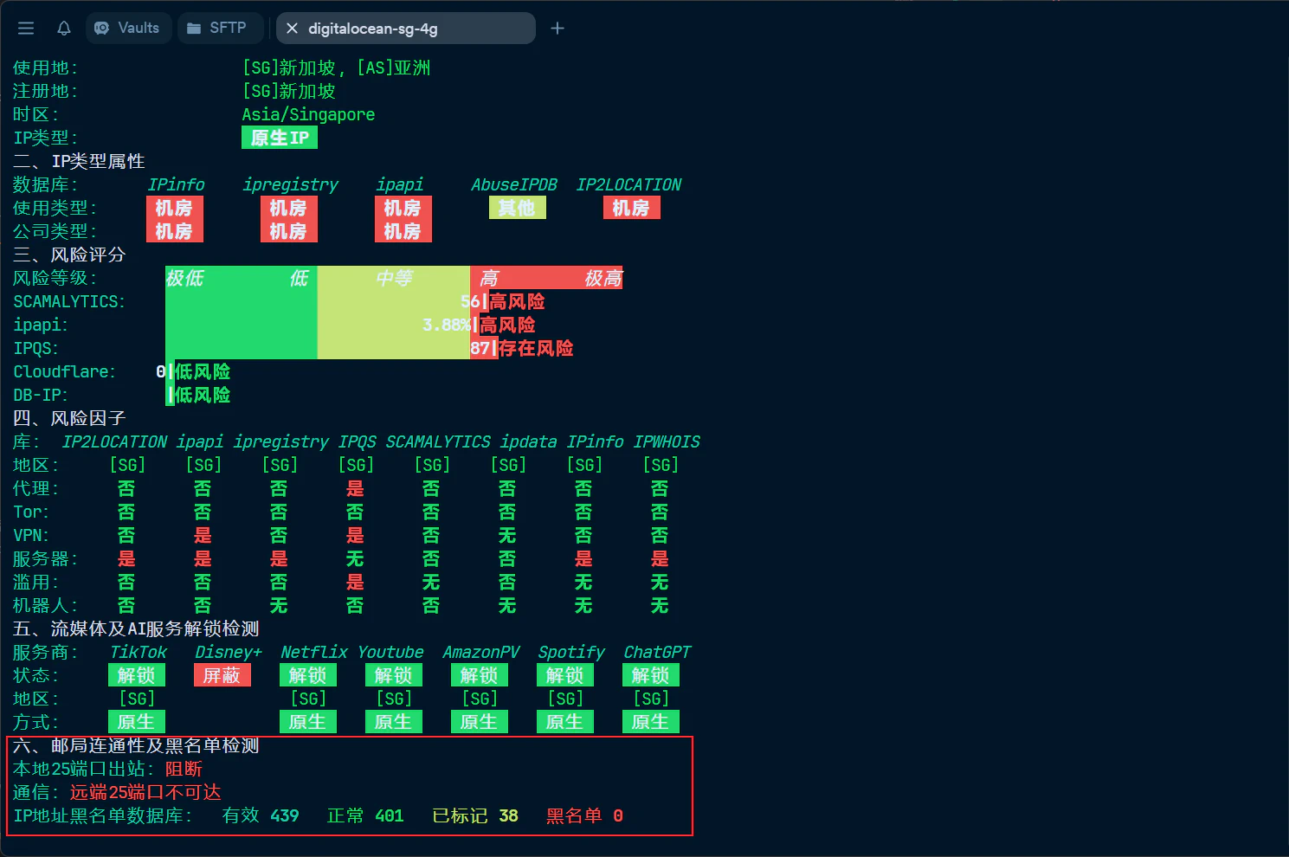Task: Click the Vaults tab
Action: pos(128,28)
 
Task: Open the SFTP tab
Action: pos(217,28)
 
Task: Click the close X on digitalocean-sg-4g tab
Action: pos(292,29)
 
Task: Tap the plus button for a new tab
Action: pos(557,29)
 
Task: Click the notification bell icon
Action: pos(64,29)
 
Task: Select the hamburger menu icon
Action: pos(26,29)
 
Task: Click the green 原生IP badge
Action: pos(279,138)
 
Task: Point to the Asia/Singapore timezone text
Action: pos(308,114)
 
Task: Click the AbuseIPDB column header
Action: pos(514,184)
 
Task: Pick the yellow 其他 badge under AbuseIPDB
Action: pos(517,208)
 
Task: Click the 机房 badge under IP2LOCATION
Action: pos(631,208)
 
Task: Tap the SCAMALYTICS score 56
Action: pos(470,301)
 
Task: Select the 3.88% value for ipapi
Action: pos(447,325)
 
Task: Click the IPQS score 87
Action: pos(480,348)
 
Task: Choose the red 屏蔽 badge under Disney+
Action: pos(222,675)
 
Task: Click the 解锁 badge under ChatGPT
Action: pos(650,675)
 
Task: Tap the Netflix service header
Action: pos(314,652)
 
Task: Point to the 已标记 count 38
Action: pos(508,815)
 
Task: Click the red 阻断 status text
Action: pos(184,769)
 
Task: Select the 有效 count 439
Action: pos(284,815)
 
